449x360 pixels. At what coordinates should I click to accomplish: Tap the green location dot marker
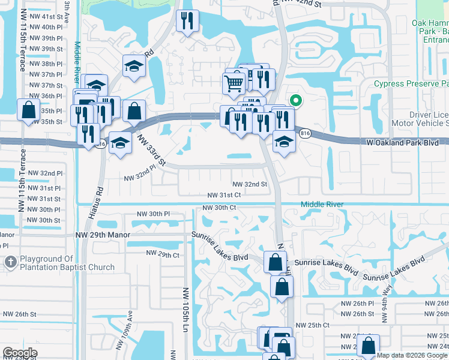(295, 101)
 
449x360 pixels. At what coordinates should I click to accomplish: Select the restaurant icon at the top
(187, 21)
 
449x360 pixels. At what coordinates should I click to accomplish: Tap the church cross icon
(10, 262)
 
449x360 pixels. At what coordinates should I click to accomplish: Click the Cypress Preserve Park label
(411, 84)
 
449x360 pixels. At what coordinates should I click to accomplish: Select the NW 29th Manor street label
(103, 235)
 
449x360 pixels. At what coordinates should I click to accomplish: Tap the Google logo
(20, 352)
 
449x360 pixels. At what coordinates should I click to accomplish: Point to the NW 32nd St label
(250, 184)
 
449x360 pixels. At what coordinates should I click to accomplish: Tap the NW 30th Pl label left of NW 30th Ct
(154, 214)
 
